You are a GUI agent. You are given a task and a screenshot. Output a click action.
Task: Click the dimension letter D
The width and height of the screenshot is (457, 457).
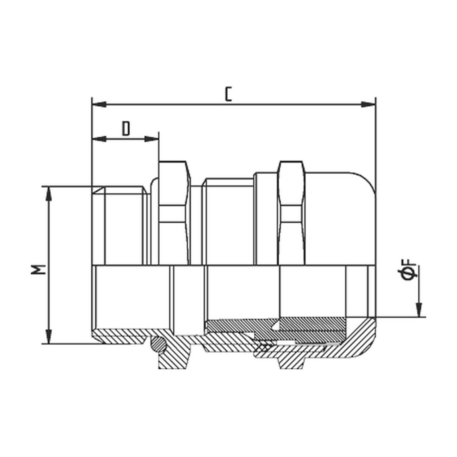pyautogui.click(x=126, y=129)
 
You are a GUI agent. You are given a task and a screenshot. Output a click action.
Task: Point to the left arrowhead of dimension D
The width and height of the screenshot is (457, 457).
pyautogui.click(x=99, y=139)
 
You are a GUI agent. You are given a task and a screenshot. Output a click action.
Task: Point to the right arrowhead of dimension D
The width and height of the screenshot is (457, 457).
pyautogui.click(x=152, y=139)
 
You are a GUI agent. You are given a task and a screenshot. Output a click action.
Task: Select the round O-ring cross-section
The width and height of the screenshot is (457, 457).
pyautogui.click(x=159, y=344)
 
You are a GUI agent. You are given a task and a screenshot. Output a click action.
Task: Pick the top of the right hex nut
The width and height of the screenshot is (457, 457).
pyautogui.click(x=292, y=162)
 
